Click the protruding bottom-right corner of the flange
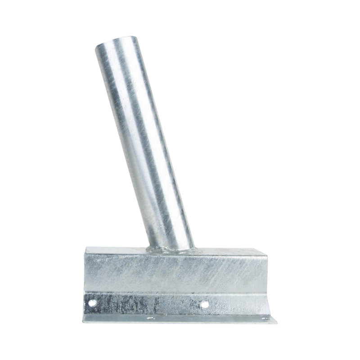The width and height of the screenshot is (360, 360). coord(275,321)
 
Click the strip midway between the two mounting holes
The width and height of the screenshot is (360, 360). coord(148,304)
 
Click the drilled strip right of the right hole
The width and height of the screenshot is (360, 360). coord(234,305)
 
